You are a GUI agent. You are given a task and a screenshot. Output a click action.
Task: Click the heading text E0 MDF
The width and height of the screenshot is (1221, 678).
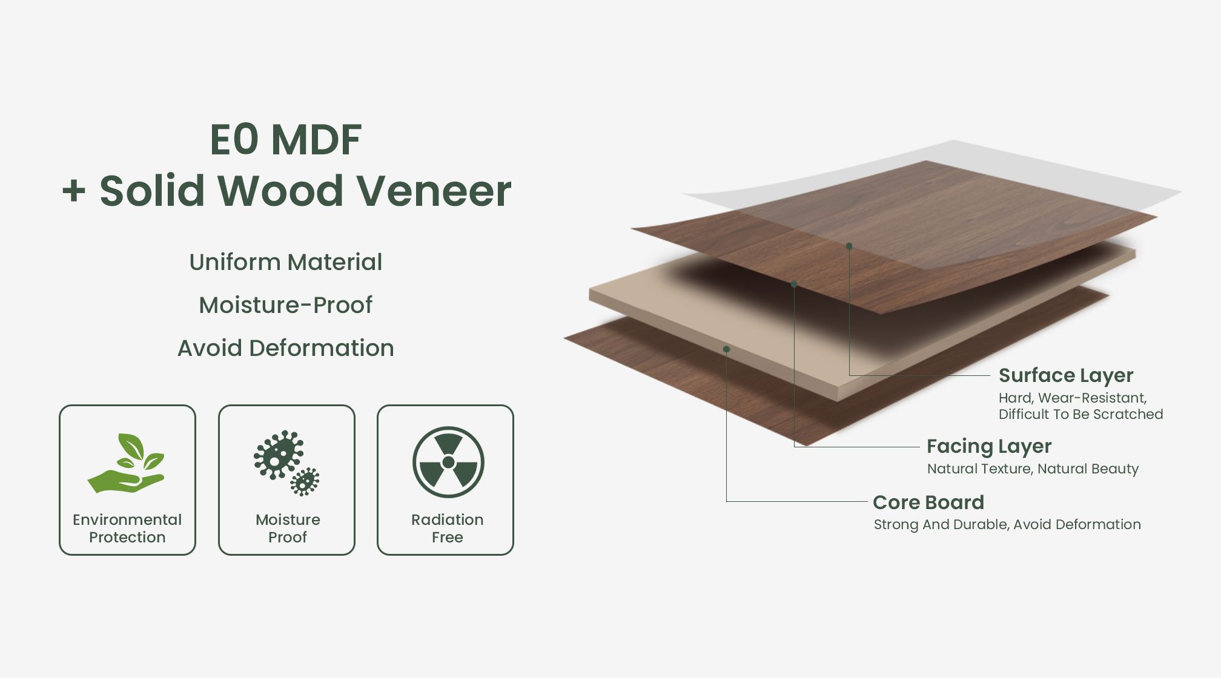pyautogui.click(x=286, y=140)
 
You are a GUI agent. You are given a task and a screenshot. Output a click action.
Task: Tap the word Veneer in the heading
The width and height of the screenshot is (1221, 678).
pyautogui.click(x=434, y=191)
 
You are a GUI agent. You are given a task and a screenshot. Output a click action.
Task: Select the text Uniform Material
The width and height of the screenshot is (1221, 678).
pyautogui.click(x=286, y=262)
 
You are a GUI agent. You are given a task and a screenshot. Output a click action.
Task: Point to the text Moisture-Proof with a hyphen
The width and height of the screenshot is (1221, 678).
pyautogui.click(x=286, y=305)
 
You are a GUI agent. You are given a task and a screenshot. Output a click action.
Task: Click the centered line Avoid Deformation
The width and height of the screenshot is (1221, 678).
pyautogui.click(x=286, y=348)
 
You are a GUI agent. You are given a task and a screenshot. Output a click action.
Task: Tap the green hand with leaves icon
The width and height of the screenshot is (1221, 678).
pyautogui.click(x=126, y=463)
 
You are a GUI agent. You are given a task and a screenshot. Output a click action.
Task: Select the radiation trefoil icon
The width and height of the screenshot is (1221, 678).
pyautogui.click(x=448, y=462)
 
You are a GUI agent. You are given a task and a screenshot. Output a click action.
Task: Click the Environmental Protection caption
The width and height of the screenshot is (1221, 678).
pyautogui.click(x=127, y=528)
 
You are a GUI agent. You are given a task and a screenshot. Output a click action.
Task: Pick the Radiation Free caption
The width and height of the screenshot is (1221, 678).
pyautogui.click(x=448, y=528)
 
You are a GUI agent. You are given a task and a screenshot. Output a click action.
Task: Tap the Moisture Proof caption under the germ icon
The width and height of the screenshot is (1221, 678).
pyautogui.click(x=288, y=528)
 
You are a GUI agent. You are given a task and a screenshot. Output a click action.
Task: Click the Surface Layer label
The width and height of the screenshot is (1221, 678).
pyautogui.click(x=1066, y=376)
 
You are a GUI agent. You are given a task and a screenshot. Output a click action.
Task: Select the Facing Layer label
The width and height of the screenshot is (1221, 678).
pyautogui.click(x=989, y=447)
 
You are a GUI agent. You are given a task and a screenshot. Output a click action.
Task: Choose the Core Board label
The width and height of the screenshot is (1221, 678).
pyautogui.click(x=928, y=502)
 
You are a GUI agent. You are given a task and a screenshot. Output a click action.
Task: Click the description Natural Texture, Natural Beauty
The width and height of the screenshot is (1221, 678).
pyautogui.click(x=1033, y=469)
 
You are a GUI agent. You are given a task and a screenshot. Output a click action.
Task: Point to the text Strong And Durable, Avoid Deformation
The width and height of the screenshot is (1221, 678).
pyautogui.click(x=1007, y=525)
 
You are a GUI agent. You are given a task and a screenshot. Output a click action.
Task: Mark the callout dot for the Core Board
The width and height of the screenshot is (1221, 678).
pyautogui.click(x=727, y=349)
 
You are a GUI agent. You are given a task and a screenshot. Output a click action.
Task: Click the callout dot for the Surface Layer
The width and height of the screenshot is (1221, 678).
pyautogui.click(x=849, y=246)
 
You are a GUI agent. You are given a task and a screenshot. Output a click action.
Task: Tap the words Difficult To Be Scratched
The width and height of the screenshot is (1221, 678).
pyautogui.click(x=1081, y=415)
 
